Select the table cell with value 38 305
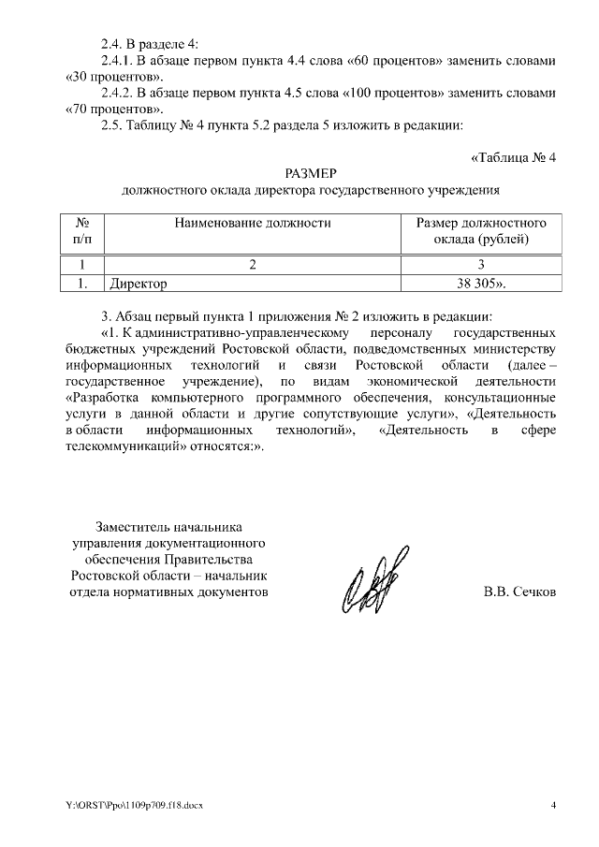click(481, 281)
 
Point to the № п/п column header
click(82, 231)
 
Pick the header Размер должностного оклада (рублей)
click(481, 231)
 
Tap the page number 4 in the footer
click(553, 805)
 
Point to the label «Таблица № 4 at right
click(513, 156)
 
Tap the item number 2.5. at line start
click(114, 125)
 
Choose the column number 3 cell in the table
click(481, 264)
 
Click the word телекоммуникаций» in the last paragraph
click(124, 446)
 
